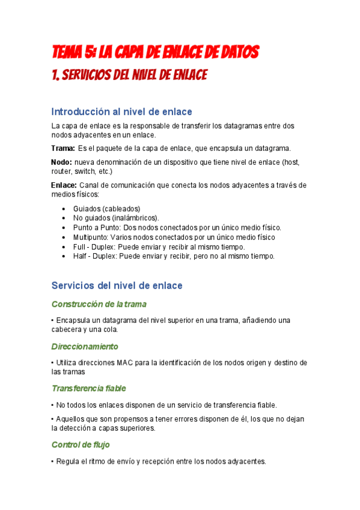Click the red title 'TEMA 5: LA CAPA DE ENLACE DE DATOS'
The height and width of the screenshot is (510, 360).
coord(155,53)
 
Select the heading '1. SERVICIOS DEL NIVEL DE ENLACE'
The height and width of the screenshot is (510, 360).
coord(129,75)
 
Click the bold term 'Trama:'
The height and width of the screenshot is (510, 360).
coord(63,148)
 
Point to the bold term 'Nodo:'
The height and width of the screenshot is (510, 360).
coord(61,162)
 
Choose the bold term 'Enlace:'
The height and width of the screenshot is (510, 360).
coord(64,185)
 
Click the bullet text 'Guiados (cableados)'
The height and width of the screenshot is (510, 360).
coord(106,208)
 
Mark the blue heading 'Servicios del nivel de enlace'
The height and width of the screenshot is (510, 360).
coord(117,285)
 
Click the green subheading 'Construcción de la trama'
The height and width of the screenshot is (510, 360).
coord(99,304)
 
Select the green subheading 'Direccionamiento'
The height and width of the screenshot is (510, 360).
coord(85,346)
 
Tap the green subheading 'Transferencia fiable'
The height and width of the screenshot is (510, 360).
coord(89,388)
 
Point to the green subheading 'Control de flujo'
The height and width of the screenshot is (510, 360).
coord(81,444)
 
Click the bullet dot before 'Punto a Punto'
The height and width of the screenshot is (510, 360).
coord(64,228)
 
